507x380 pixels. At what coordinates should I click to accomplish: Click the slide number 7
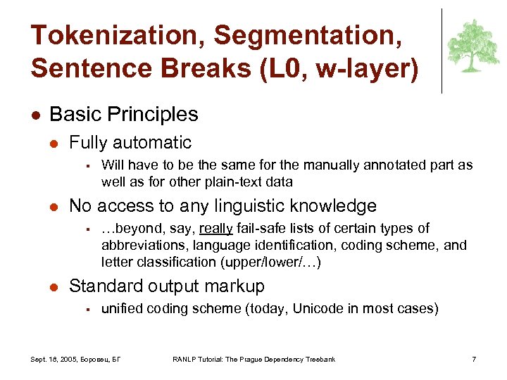point(474,360)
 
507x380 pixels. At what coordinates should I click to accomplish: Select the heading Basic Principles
point(124,114)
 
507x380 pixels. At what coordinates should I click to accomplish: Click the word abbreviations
point(141,245)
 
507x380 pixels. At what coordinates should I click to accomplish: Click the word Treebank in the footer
point(320,360)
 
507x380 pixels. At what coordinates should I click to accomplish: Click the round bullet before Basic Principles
point(35,115)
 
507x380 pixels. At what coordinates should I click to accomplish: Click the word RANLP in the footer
point(185,360)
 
